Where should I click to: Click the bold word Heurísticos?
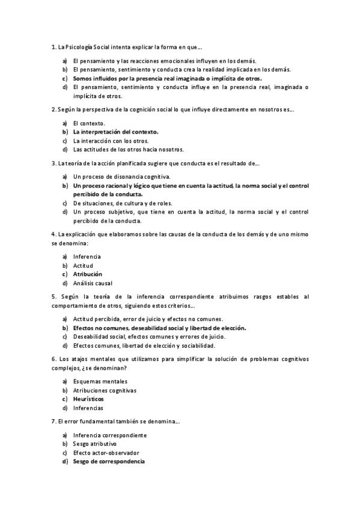88,399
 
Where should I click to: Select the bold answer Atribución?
87,274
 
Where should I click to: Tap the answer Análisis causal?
93,283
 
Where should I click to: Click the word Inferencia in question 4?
87,257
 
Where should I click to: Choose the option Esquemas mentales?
100,381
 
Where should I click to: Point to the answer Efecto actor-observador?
106,452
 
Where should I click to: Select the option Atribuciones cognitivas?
105,390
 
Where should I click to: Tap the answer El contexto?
89,123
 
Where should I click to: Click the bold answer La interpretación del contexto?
116,131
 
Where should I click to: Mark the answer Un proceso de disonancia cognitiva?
122,176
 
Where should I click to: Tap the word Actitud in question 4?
83,265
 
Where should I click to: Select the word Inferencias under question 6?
89,407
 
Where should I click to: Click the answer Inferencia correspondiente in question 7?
110,435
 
